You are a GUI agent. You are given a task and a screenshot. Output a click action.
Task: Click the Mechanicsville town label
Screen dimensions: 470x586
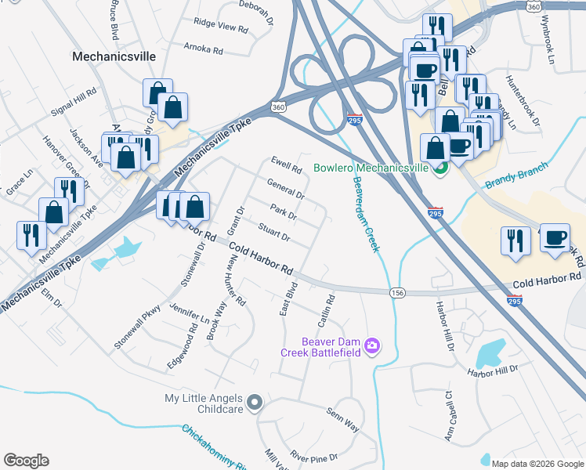click(x=114, y=56)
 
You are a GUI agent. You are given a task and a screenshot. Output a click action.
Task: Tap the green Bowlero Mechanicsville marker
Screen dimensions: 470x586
click(x=441, y=167)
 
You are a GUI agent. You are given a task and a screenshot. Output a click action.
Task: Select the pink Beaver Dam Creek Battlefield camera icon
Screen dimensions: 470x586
click(x=372, y=345)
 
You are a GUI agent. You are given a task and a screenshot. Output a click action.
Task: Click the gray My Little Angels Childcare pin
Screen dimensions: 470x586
click(x=254, y=403)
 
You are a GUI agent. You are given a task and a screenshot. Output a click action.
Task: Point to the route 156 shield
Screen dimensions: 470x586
click(x=397, y=292)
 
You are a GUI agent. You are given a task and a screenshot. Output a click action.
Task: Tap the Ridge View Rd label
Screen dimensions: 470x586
click(x=220, y=27)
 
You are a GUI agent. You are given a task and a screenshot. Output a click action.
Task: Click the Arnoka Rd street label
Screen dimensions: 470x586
click(x=203, y=49)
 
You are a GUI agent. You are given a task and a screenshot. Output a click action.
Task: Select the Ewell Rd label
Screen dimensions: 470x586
click(x=286, y=166)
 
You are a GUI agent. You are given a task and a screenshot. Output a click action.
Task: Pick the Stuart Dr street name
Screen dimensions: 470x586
click(x=274, y=233)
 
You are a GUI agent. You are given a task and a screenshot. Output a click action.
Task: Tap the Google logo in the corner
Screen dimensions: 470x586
click(x=27, y=460)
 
